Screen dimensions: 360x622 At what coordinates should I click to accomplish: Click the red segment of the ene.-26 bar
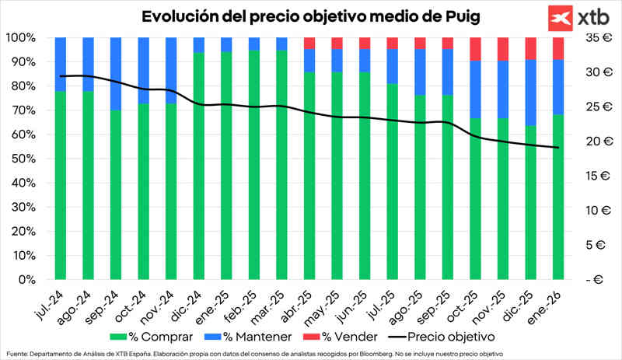(x=557, y=48)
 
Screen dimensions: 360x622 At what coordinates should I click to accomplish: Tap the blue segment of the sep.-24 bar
(x=115, y=74)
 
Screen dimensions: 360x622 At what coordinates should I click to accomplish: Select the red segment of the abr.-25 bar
(x=309, y=43)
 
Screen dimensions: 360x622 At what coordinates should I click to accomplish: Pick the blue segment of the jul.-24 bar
(x=60, y=64)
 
